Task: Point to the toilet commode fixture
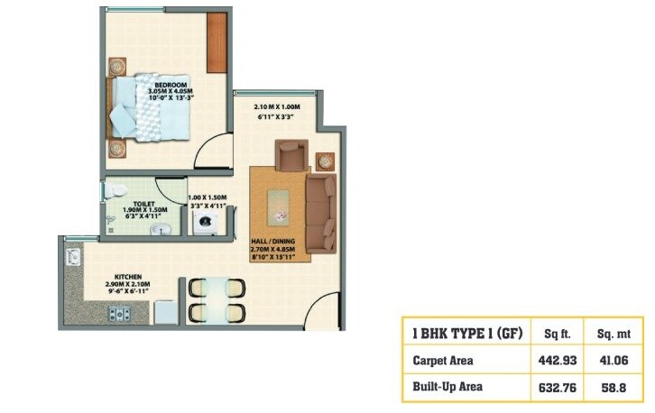pyautogui.click(x=115, y=192)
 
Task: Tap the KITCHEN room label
pyautogui.click(x=127, y=278)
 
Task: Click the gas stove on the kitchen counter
pyautogui.click(x=118, y=315)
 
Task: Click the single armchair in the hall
pyautogui.click(x=291, y=159)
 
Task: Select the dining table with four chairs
pyautogui.click(x=217, y=299)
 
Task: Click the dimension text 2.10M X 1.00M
pyautogui.click(x=275, y=108)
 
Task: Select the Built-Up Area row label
pyautogui.click(x=447, y=387)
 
